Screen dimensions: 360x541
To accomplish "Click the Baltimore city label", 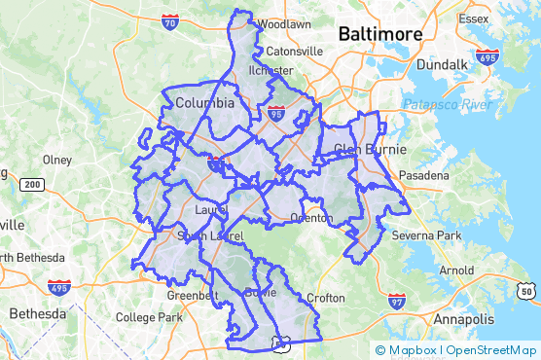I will tap(380, 34).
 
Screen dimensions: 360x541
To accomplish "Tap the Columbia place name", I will tap(204, 102).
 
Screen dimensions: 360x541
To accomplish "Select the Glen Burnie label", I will tap(368, 149).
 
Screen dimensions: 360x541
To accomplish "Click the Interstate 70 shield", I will tap(169, 19).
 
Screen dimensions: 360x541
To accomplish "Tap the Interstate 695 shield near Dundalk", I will tap(488, 57).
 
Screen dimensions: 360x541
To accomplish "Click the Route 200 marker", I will tap(32, 184).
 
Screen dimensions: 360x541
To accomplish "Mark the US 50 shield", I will tap(526, 289).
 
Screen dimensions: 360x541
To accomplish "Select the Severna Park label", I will tap(419, 235).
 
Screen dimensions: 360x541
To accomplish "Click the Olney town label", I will tap(57, 160).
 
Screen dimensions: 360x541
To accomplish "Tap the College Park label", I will tap(149, 317).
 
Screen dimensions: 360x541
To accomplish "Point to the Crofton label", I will tap(326, 298).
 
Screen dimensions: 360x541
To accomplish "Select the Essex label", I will tap(477, 18).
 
